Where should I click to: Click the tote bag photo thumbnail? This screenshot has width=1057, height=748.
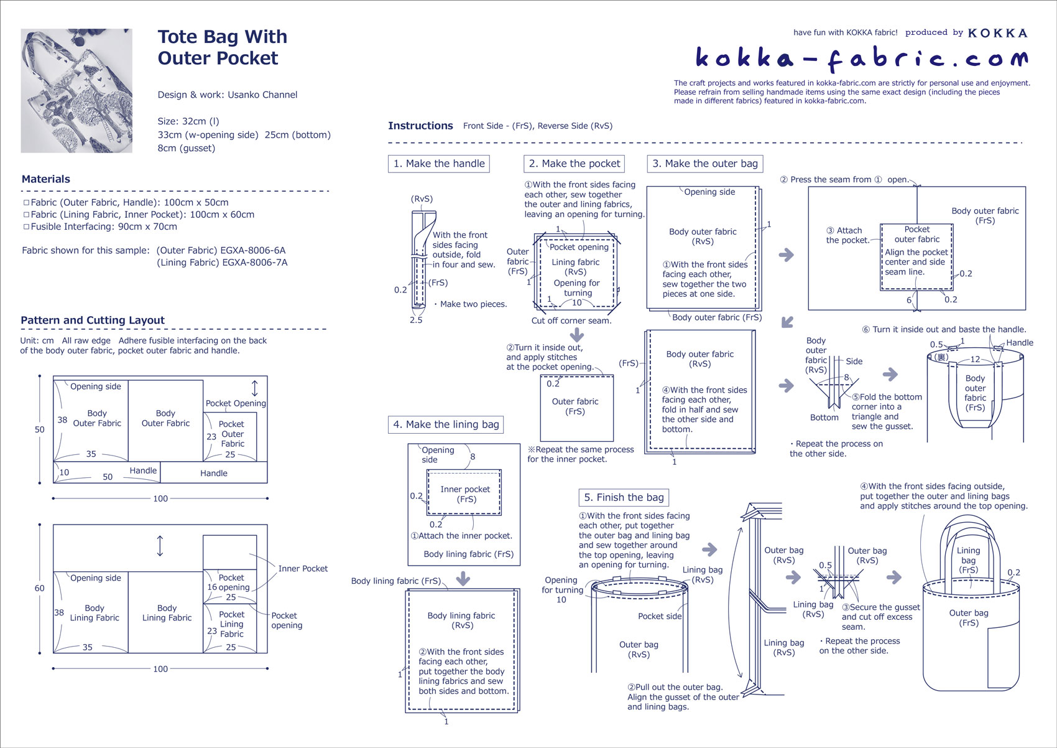click(76, 90)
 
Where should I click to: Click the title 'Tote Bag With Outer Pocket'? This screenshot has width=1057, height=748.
click(222, 47)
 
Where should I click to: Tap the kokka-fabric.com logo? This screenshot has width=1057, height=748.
click(861, 58)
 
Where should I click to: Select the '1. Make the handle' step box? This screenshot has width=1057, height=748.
click(439, 164)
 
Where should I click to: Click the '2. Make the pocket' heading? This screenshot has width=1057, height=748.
click(574, 164)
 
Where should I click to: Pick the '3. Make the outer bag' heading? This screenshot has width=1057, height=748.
click(704, 164)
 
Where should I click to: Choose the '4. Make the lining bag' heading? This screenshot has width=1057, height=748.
click(446, 424)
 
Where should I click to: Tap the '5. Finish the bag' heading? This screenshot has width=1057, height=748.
click(624, 497)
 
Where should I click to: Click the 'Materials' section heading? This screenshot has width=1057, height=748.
click(46, 179)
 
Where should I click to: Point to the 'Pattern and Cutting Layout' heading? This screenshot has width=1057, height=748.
click(93, 320)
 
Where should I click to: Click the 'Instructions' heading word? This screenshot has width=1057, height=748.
click(420, 126)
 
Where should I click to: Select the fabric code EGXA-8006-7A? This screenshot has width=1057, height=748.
click(254, 263)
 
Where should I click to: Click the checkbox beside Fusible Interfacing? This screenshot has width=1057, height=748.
click(26, 227)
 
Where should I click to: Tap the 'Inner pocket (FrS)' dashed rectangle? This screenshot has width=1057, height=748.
click(464, 493)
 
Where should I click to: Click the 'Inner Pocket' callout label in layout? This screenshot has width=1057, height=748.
click(302, 569)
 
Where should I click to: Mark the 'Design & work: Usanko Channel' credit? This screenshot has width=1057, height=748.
click(228, 95)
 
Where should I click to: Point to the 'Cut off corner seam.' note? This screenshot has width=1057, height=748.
click(571, 320)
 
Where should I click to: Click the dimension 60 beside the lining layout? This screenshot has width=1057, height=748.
click(40, 588)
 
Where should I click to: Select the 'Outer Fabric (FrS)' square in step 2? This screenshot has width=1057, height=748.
click(576, 408)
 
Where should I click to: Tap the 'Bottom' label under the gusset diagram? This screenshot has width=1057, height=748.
click(824, 418)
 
